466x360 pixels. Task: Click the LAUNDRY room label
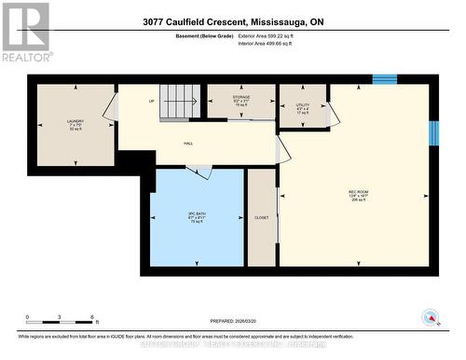point(75,122)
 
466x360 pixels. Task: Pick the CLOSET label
point(261,217)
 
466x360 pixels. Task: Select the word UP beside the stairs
point(151,102)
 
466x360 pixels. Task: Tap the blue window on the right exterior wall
point(432,133)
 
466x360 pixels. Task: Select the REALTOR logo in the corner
point(25,32)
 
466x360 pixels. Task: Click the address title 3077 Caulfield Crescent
point(232,22)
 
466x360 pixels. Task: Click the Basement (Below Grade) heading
point(204,35)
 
